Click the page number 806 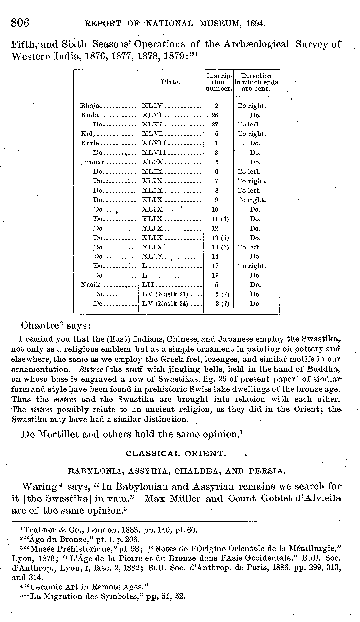[20, 23]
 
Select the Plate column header [170, 82]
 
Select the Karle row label [88, 143]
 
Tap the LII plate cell [149, 285]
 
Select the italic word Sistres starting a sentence [90, 370]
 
